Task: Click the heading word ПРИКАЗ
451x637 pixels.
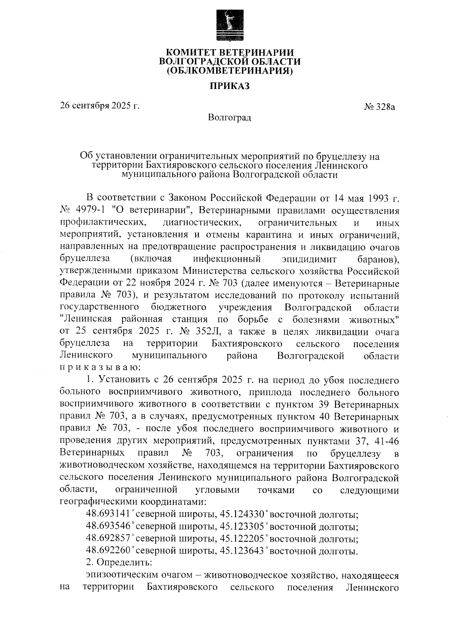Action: pos(230,86)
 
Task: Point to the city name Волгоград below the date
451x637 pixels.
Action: pos(230,118)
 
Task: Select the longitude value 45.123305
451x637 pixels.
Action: pos(241,526)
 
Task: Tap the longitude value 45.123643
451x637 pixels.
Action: pos(241,551)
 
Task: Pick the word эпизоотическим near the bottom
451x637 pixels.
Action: pos(118,575)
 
